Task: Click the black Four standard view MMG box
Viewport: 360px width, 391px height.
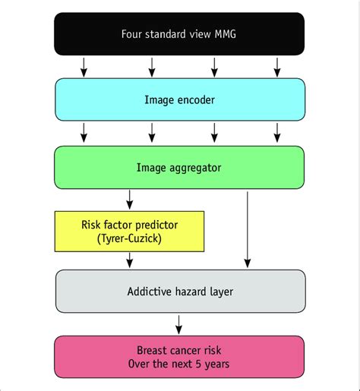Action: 179,34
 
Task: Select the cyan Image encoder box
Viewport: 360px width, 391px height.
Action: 179,99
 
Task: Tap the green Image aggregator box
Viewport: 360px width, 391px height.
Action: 179,167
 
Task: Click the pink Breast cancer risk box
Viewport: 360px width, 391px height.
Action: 179,358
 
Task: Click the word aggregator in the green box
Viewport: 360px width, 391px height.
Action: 194,167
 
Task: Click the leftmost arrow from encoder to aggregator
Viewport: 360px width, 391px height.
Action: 84,134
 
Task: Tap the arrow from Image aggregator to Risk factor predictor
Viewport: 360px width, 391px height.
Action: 129,200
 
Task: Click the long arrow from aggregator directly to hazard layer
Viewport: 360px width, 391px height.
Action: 248,228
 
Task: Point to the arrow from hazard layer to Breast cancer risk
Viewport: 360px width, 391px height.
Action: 179,325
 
